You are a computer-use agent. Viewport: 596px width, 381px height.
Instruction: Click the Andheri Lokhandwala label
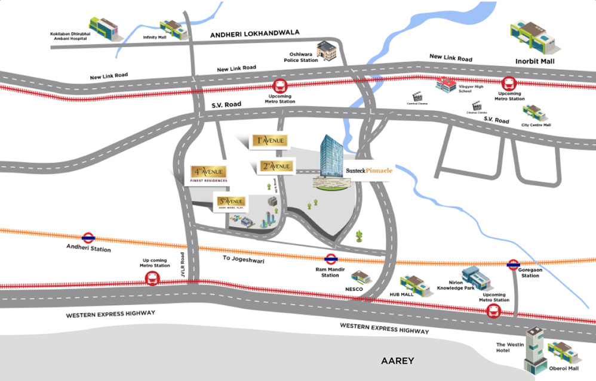254,34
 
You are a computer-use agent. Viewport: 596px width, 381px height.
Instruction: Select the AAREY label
397,361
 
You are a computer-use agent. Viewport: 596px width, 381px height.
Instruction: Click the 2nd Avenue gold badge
276,166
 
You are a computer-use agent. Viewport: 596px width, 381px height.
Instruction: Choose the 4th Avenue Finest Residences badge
208,174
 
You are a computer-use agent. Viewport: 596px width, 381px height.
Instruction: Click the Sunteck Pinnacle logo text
369,171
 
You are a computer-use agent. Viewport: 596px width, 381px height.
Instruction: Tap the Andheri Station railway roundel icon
89,237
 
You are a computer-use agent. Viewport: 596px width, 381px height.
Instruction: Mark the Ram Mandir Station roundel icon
330,259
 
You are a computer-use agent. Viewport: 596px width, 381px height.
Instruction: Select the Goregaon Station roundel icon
513,264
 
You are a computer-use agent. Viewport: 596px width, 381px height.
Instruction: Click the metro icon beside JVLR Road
153,278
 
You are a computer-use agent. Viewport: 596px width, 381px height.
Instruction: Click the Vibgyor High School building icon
446,85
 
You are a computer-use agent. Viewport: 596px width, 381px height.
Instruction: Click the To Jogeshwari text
243,259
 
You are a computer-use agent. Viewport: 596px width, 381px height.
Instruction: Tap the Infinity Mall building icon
171,28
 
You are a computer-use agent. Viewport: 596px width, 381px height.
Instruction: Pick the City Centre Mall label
536,125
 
